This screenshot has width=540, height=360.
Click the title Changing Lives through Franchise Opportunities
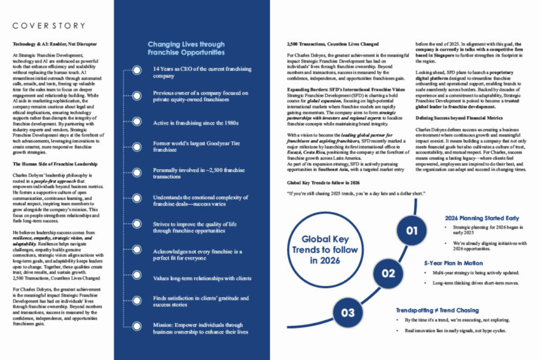point(186,48)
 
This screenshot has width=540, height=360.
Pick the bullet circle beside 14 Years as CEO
point(137,70)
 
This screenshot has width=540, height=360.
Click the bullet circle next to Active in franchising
point(137,123)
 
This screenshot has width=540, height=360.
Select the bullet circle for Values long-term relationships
point(137,278)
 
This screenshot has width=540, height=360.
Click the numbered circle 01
point(412,230)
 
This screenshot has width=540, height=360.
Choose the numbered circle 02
point(388,273)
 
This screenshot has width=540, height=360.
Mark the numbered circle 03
point(348,313)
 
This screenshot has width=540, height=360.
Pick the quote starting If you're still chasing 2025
point(356,193)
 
